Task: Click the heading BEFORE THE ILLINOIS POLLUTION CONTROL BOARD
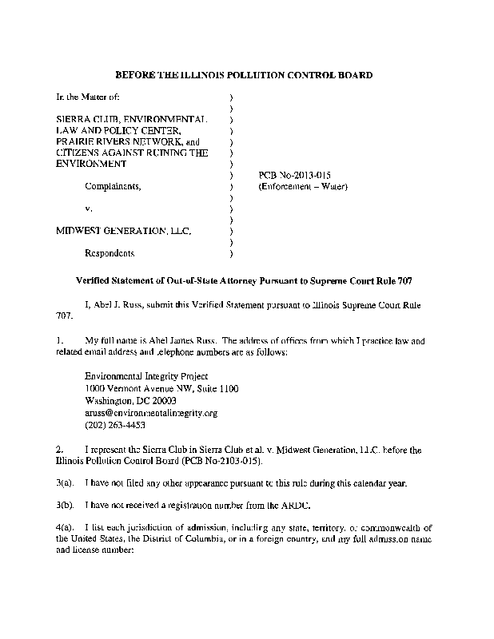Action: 244,75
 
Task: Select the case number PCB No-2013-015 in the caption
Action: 295,175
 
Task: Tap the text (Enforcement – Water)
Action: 303,186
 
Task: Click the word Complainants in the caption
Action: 114,186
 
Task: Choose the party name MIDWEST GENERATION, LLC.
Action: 123,231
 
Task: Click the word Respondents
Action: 110,253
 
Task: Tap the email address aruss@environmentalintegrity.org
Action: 150,414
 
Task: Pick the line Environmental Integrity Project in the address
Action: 146,376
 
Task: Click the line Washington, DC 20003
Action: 130,401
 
